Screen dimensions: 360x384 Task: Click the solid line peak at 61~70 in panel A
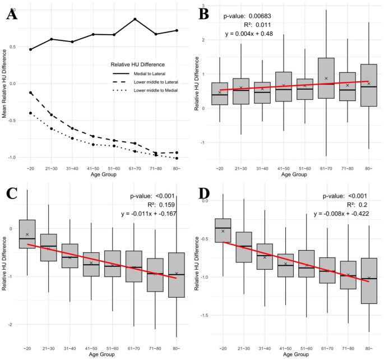coord(135,19)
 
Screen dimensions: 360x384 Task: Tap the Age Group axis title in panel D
coord(295,355)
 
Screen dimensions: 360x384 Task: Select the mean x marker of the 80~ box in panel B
coord(368,84)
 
